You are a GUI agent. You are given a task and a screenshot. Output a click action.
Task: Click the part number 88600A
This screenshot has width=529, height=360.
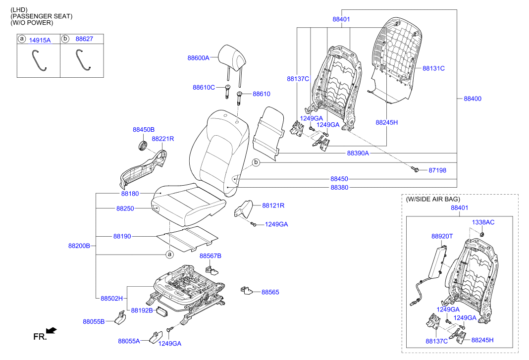[x=198, y=58]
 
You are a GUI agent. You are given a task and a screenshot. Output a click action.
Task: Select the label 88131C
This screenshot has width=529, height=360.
[x=433, y=68]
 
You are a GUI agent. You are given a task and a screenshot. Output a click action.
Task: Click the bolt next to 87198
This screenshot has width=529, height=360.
[x=416, y=170]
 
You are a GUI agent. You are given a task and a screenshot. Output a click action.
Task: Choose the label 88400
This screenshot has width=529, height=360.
[x=472, y=99]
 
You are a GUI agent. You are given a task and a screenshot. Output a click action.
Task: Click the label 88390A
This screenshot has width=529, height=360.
[x=358, y=154]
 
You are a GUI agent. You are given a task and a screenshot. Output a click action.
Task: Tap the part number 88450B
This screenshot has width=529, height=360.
[x=144, y=129]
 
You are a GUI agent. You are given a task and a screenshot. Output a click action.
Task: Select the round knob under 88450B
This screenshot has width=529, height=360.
[x=142, y=146]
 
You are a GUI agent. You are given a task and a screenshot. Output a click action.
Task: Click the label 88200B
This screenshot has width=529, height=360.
[x=79, y=246]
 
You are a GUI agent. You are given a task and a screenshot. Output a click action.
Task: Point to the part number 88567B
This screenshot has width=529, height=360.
[x=211, y=256]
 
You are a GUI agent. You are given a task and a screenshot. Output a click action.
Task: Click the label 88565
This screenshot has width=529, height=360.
[x=270, y=292]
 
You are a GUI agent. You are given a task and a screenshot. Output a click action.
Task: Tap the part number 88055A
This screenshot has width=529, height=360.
[x=129, y=341]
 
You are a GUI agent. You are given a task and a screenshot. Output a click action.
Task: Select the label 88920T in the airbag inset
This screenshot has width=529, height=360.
[x=442, y=237]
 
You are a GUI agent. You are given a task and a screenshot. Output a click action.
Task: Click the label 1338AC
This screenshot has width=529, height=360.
[x=483, y=222]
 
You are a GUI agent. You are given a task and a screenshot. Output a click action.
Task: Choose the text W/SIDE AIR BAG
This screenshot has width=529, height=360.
[x=432, y=199]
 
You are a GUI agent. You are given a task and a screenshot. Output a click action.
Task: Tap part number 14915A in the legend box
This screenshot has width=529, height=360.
[x=40, y=40]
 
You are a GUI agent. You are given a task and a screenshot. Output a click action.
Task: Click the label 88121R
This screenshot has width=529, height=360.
[x=273, y=205]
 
